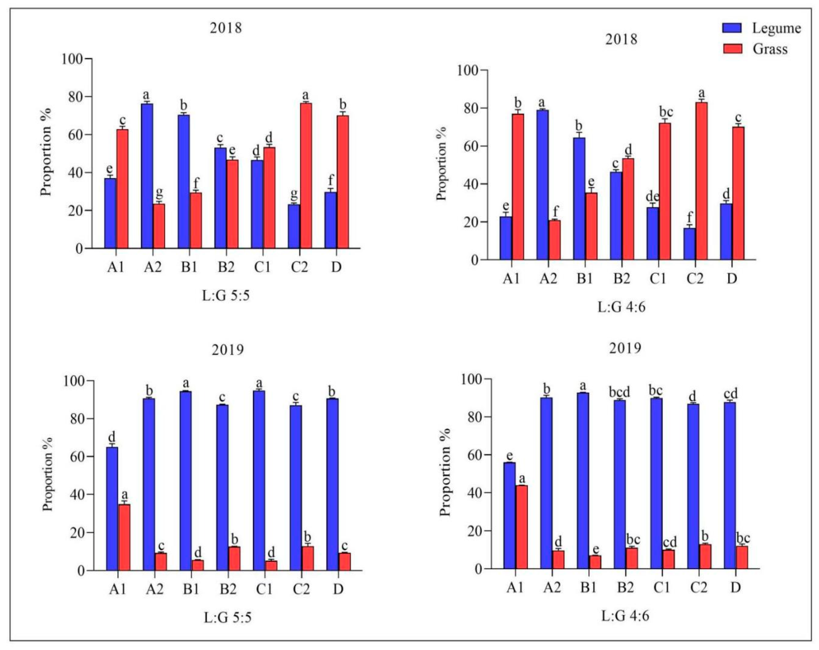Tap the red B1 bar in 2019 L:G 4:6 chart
595,562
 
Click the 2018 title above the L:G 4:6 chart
621,39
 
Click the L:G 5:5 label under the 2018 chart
226,295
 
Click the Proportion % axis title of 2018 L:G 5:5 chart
45,152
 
